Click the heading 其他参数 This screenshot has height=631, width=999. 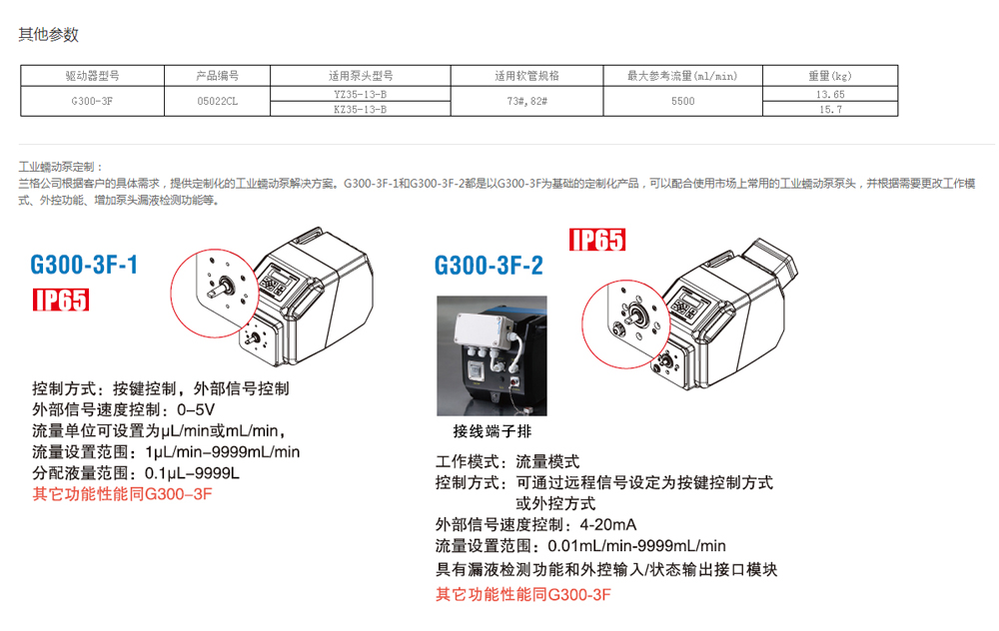[x=48, y=34]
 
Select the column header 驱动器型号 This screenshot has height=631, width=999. [x=92, y=76]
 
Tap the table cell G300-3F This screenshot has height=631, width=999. [x=92, y=101]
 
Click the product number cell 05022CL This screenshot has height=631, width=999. [x=217, y=101]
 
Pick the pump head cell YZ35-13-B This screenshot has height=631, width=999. [x=361, y=94]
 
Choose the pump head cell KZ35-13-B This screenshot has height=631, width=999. [x=361, y=110]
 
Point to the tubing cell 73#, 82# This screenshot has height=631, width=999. [x=526, y=101]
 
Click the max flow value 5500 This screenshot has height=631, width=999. [x=683, y=101]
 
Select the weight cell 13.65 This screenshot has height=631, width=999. [x=830, y=94]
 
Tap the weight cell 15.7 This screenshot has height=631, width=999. [x=830, y=110]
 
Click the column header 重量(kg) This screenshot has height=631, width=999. [x=830, y=76]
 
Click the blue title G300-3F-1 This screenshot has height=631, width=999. [x=84, y=265]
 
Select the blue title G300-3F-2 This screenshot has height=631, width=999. [x=489, y=266]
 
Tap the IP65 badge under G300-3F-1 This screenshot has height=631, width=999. [x=61, y=300]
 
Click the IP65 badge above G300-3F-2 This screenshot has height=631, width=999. [x=597, y=240]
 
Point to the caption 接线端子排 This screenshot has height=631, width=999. [x=492, y=431]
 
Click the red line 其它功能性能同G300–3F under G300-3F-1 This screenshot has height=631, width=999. [x=122, y=494]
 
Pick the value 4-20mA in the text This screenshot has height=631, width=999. [x=607, y=524]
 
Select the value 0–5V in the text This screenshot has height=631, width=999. [x=196, y=409]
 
